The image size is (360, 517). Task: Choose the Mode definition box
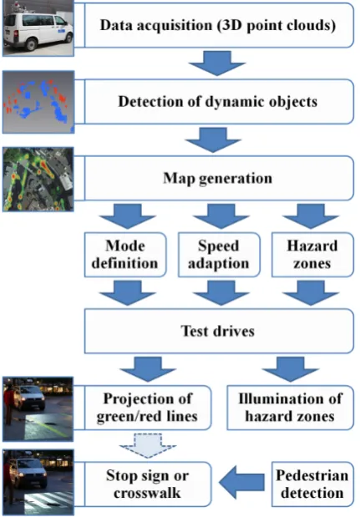tap(125, 255)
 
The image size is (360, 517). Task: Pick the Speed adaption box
tap(219, 255)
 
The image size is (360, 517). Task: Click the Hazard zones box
tap(312, 255)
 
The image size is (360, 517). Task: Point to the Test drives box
tap(219, 331)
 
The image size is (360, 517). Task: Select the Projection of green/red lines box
tap(148, 408)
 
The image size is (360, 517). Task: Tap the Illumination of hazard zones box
tap(291, 408)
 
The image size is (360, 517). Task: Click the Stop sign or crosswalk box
tap(148, 484)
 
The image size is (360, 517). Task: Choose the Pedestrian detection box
tap(312, 484)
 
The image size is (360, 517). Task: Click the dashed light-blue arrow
tap(148, 446)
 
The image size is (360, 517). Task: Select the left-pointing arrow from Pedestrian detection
tap(241, 483)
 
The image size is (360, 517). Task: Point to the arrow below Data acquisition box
tap(217, 63)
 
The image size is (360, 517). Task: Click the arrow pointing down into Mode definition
tap(127, 216)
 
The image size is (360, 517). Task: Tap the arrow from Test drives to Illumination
tap(291, 369)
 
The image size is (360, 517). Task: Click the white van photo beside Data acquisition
tap(38, 28)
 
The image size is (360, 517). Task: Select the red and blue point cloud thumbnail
tap(38, 102)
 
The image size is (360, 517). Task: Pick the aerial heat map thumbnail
tap(38, 180)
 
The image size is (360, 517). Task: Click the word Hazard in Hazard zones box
tap(312, 246)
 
